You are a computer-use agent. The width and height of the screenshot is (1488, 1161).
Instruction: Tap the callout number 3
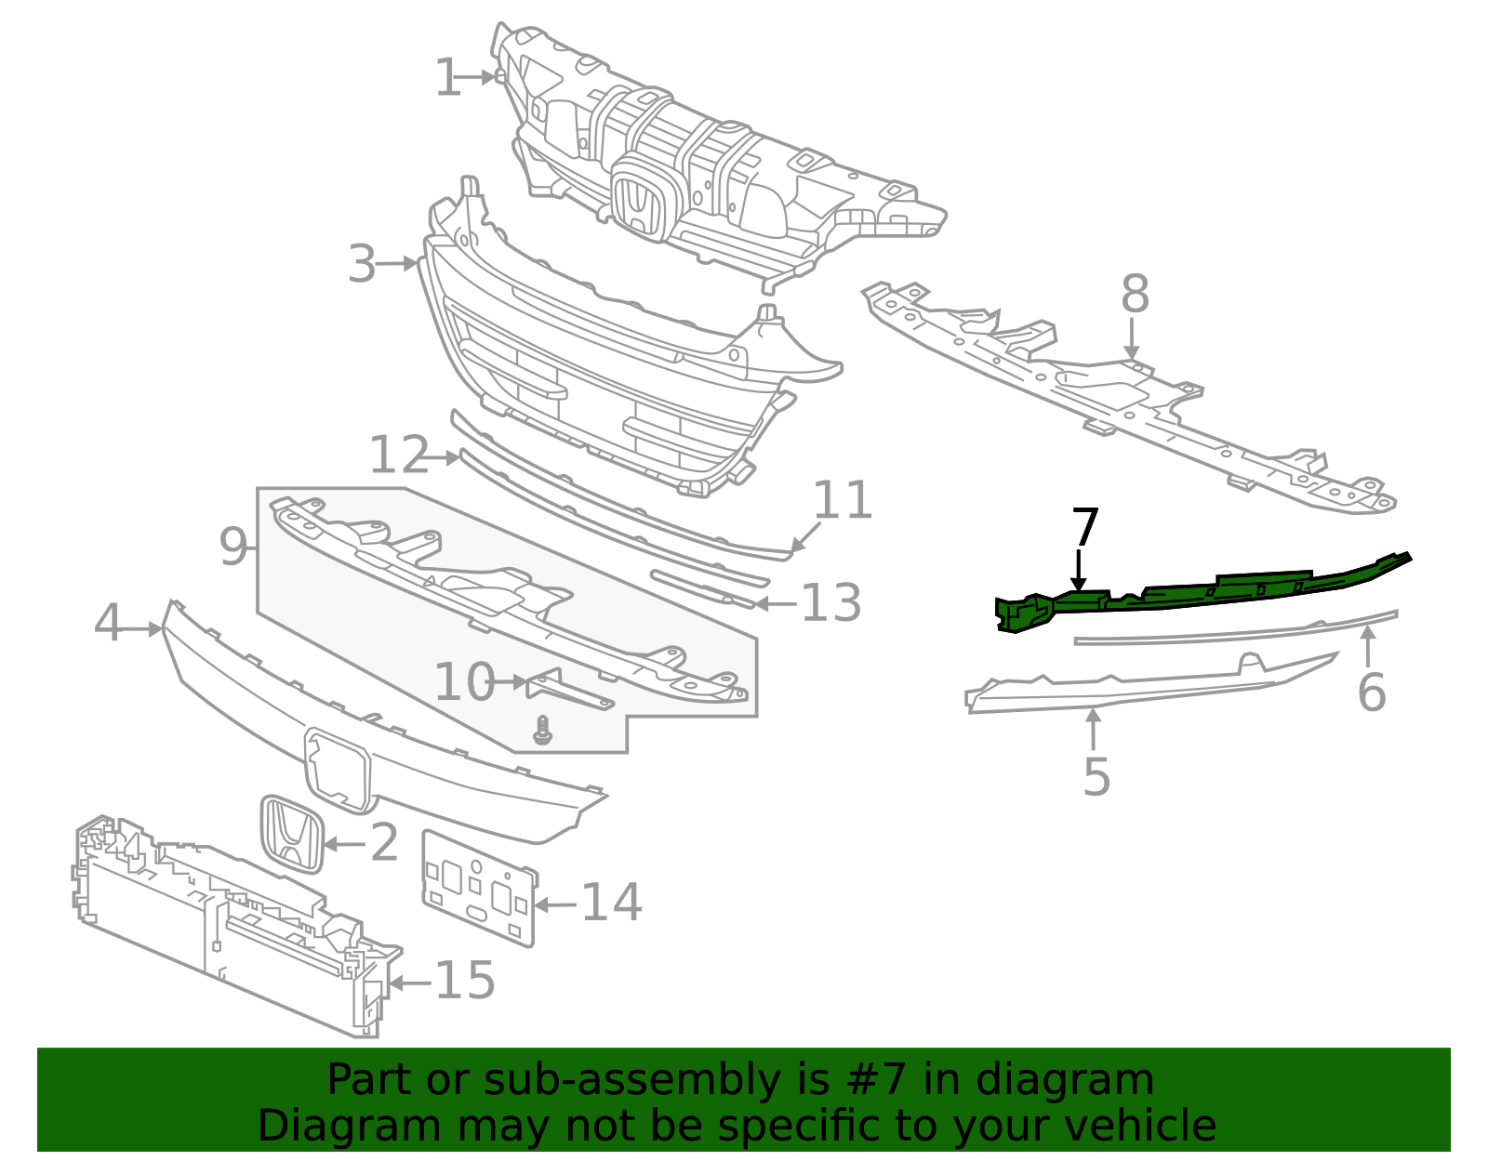click(362, 265)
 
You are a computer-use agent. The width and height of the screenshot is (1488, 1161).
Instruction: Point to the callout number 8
click(1135, 295)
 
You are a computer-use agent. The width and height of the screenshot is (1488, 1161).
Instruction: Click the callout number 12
click(399, 455)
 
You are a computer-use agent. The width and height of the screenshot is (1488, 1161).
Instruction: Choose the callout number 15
click(465, 981)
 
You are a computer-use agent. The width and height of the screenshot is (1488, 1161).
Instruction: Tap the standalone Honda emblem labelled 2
click(291, 834)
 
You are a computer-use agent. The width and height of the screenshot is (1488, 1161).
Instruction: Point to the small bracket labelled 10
click(567, 690)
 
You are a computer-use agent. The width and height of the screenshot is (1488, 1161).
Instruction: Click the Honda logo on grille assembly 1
click(638, 203)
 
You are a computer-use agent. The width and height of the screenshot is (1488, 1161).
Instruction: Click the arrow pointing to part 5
click(1094, 728)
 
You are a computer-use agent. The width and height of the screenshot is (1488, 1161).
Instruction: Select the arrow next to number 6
click(1368, 645)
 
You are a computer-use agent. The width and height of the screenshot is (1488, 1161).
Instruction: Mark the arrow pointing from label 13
click(775, 604)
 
